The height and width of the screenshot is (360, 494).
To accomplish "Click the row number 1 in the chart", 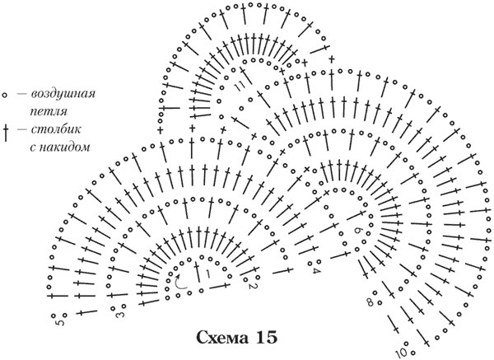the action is pos(208,273).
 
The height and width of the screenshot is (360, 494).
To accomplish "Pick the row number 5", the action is pos(60,322).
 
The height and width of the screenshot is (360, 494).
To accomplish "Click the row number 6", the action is pos(358,231).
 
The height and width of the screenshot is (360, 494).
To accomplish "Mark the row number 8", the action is pos(370,304).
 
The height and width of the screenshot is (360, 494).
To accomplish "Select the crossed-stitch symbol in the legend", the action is pos(7,130).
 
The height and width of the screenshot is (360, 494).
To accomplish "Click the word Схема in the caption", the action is pos(222,338).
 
